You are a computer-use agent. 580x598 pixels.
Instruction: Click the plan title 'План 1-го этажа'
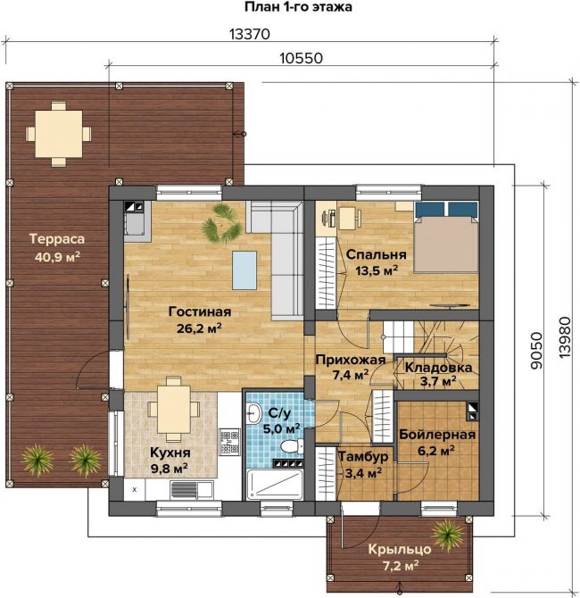(298, 7)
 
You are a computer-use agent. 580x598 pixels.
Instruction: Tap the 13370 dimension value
(250, 34)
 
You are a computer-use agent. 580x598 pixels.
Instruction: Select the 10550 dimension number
(302, 58)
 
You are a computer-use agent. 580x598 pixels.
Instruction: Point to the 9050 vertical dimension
(536, 351)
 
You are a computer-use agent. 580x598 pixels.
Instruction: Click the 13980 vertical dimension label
(565, 337)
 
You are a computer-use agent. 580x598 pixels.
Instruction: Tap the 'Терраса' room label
(57, 239)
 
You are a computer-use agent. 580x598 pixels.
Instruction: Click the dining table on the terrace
(58, 134)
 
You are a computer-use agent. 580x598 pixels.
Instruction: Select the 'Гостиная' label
(200, 311)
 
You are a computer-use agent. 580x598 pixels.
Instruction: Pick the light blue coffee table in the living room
(244, 270)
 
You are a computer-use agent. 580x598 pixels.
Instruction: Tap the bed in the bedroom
(446, 237)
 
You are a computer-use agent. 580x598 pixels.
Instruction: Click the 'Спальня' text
(376, 254)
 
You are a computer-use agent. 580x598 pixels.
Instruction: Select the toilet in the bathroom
(292, 446)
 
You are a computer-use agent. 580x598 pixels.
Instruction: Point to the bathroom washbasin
(253, 412)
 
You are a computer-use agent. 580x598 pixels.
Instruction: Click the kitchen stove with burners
(229, 442)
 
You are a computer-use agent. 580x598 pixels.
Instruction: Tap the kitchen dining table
(173, 409)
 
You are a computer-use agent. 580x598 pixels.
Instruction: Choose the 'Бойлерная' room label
(437, 435)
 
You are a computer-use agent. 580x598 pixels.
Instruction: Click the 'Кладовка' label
(438, 368)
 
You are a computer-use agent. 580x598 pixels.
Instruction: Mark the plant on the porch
(449, 536)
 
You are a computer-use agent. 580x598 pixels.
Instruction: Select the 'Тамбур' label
(363, 456)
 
